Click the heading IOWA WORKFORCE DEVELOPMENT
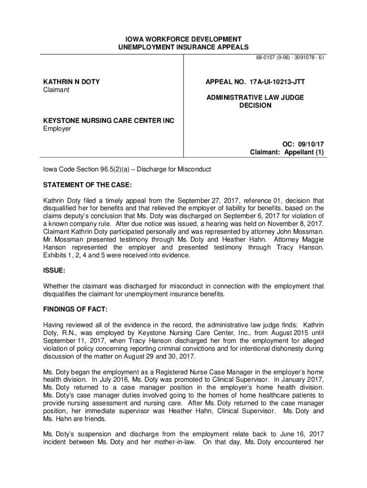[183, 39]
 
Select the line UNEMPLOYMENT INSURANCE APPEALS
[183, 47]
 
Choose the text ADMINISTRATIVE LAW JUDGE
[255, 97]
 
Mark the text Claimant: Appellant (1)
[287, 152]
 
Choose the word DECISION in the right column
[255, 105]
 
